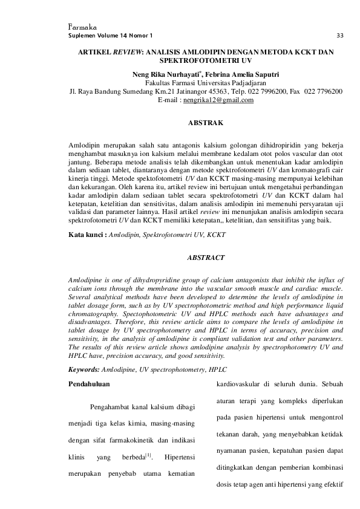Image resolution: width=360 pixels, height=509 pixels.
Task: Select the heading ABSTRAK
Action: coord(206,123)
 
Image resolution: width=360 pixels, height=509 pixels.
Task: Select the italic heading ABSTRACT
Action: coord(206,258)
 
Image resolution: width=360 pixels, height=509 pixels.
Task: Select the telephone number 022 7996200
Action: coord(263,91)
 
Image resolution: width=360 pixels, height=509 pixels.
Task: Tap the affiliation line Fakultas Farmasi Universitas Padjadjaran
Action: coord(206,83)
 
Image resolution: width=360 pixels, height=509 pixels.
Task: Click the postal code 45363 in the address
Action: coord(210,91)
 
